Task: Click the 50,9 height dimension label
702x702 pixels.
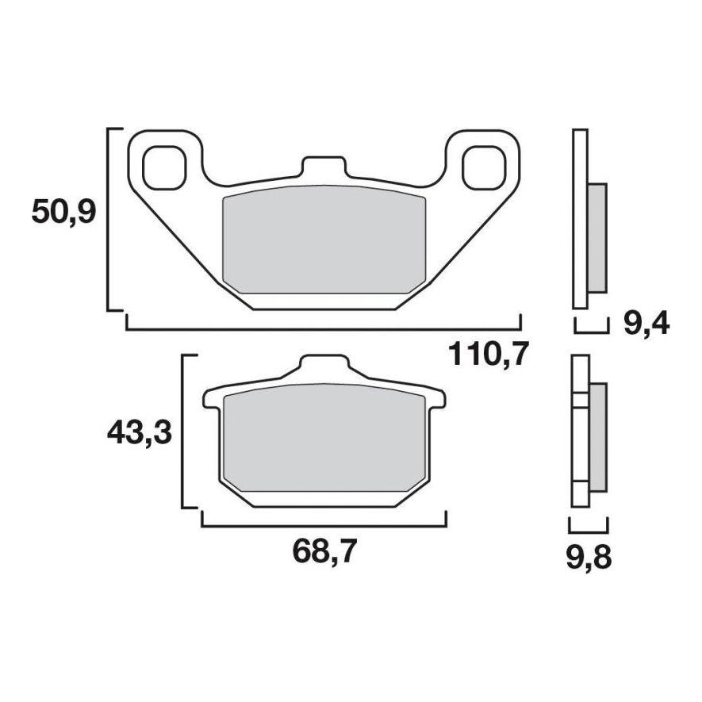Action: click(63, 213)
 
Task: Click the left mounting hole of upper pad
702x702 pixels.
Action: click(165, 167)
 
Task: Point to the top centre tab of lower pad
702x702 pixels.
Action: click(324, 369)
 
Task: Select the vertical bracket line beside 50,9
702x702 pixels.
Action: click(107, 218)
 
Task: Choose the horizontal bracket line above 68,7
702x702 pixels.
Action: click(324, 525)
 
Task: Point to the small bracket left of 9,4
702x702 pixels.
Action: click(591, 327)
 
